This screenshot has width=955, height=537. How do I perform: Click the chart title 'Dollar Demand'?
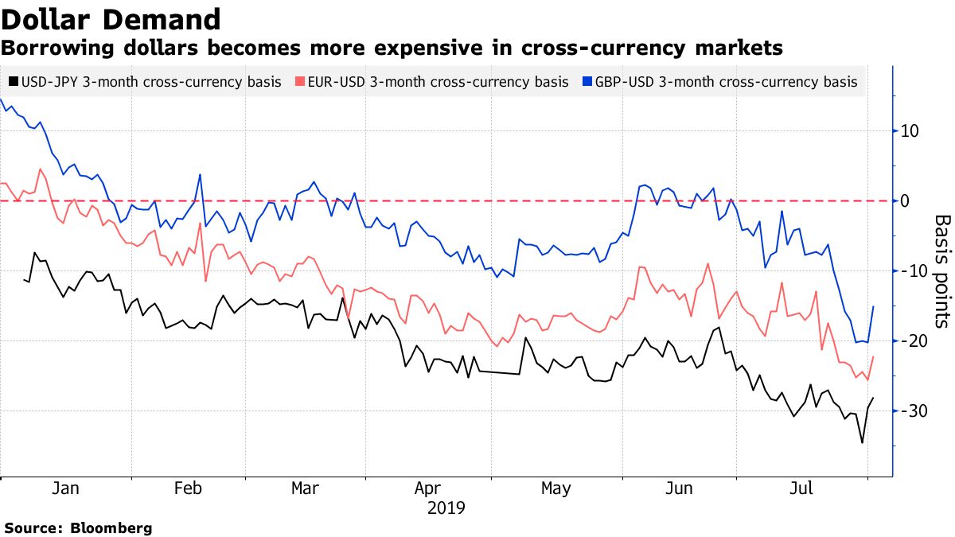coord(111,19)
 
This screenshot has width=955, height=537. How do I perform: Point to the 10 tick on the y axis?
coord(909,131)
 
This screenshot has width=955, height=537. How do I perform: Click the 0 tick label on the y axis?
coord(904,201)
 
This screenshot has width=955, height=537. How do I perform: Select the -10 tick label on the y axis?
coord(910,271)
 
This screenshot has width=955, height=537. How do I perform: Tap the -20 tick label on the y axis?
coord(910,341)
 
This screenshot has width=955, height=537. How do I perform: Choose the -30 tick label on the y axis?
coord(910,411)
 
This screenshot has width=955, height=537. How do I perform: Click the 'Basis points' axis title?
coord(942,271)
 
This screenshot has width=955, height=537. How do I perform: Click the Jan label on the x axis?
coord(65,488)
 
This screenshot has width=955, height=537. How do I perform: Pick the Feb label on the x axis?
coord(189,488)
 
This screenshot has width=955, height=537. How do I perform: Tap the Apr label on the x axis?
coord(428,488)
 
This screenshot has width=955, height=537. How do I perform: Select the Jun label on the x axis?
coord(679,488)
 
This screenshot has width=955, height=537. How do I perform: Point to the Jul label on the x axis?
coord(801,488)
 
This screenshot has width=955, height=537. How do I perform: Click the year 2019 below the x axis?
coord(446,508)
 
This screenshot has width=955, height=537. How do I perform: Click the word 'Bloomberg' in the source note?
coord(111,527)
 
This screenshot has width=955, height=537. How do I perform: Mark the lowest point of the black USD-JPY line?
coord(862,443)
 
